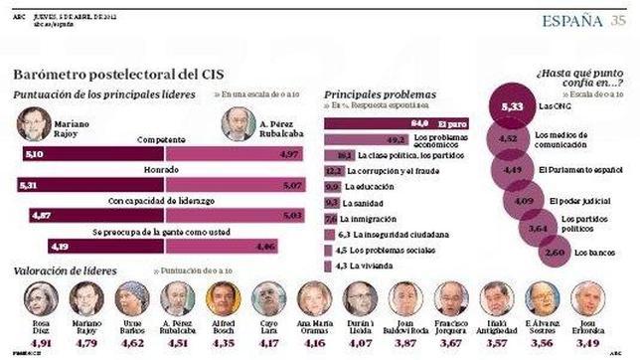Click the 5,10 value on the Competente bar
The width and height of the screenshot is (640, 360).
click(x=35, y=154)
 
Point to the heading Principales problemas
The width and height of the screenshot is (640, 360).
click(x=375, y=93)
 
